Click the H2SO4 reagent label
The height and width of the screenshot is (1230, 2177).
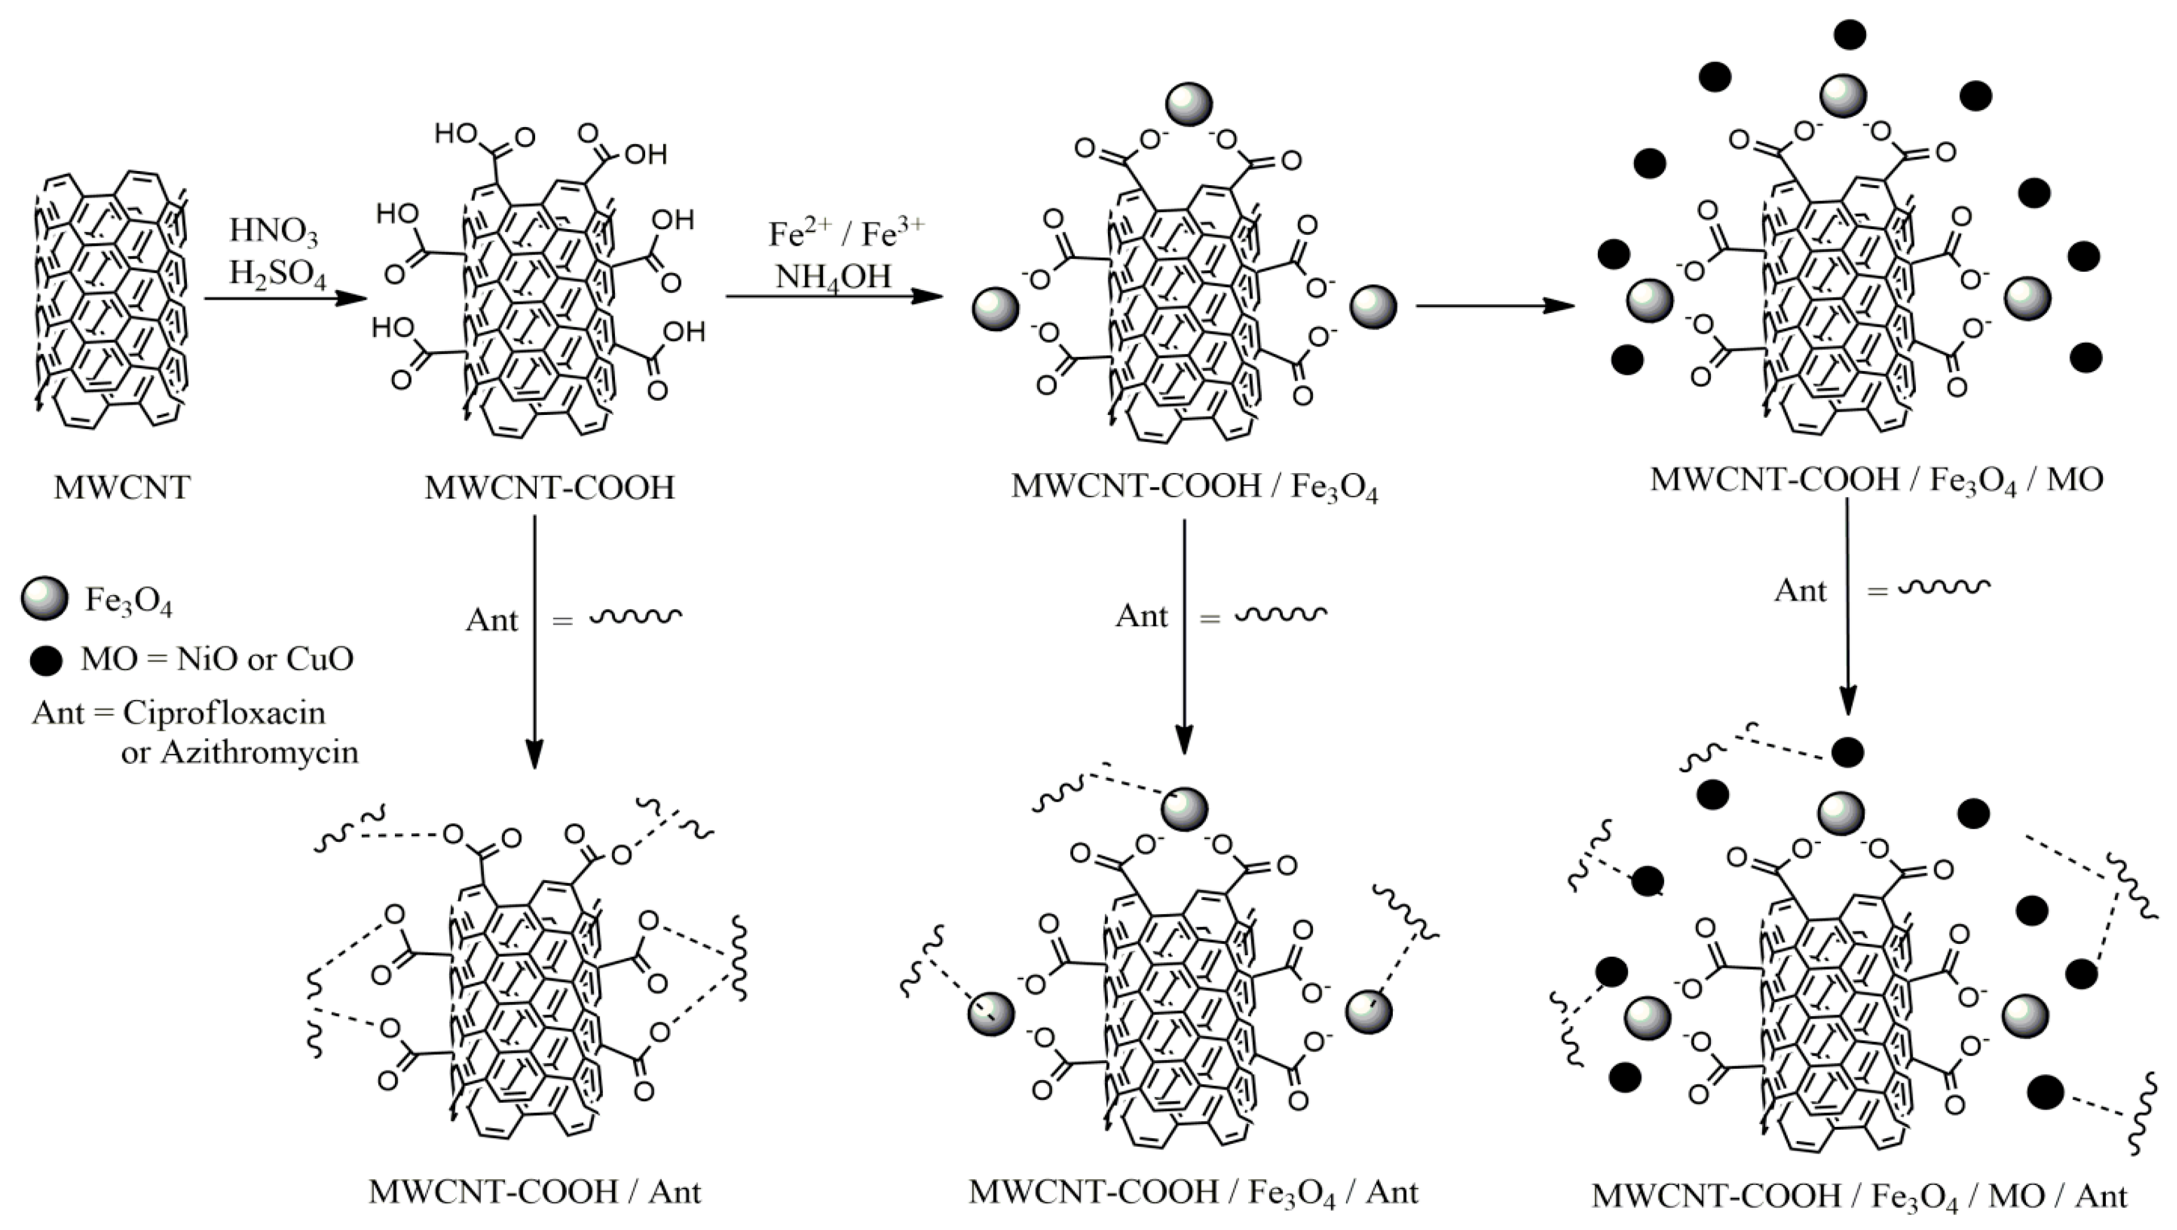point(276,274)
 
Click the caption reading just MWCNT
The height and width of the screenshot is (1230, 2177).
point(123,488)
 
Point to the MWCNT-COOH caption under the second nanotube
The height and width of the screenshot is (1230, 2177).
point(549,488)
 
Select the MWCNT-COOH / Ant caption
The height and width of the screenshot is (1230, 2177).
point(535,1192)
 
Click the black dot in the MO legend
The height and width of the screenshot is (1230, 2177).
point(46,660)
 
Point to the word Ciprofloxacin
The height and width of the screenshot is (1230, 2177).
point(224,712)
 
